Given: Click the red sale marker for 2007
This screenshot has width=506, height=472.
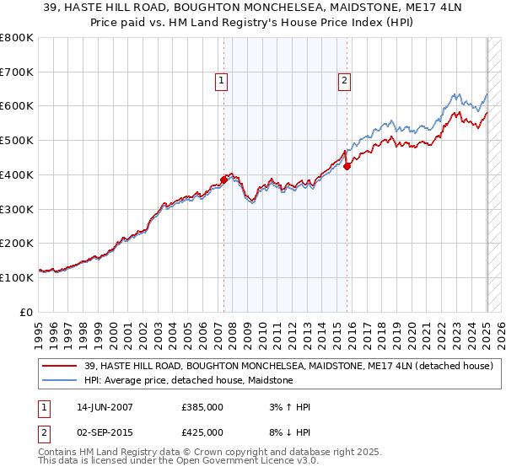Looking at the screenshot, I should pyautogui.click(x=224, y=180).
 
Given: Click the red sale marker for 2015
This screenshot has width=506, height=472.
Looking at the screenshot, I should pyautogui.click(x=347, y=166).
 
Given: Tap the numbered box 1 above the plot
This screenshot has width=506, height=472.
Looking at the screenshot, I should pyautogui.click(x=221, y=81).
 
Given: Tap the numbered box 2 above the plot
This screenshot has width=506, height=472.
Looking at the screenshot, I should pyautogui.click(x=345, y=81).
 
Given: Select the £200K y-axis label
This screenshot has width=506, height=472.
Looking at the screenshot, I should pyautogui.click(x=17, y=243).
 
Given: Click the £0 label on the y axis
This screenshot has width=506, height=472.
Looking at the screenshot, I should pyautogui.click(x=26, y=312).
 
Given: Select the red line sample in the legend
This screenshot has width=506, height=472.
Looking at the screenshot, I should pyautogui.click(x=60, y=366).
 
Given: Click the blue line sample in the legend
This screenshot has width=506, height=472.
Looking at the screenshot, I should pyautogui.click(x=60, y=380).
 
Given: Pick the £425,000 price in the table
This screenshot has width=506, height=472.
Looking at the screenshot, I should pyautogui.click(x=203, y=432).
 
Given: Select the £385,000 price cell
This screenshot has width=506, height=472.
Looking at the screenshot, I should pyautogui.click(x=203, y=407).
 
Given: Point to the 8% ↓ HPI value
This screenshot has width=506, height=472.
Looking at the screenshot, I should pyautogui.click(x=285, y=432).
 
